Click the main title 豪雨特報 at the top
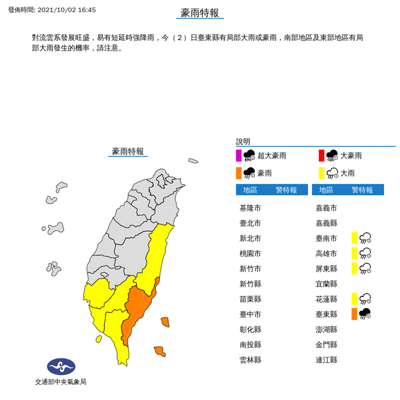[200, 13]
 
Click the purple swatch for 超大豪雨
[239, 155]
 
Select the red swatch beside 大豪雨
[321, 155]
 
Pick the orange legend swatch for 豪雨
[239, 173]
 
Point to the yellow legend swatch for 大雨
[321, 173]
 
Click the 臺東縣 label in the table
[326, 314]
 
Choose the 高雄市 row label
[326, 253]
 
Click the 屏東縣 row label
[326, 268]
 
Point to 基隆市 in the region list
[250, 207]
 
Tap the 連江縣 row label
[326, 360]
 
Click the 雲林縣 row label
[250, 360]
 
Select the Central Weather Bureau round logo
[61, 367]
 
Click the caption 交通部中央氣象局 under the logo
[61, 382]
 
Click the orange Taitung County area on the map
[139, 308]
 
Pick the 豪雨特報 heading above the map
[128, 151]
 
